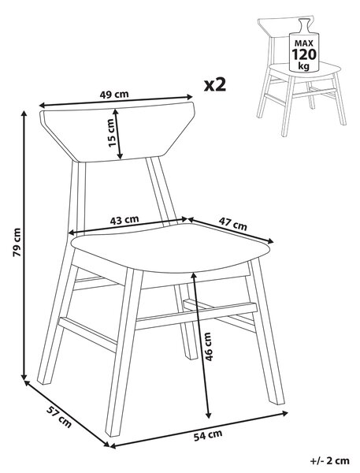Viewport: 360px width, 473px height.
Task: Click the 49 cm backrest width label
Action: click(x=114, y=95)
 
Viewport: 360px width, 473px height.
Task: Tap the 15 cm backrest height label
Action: click(x=112, y=132)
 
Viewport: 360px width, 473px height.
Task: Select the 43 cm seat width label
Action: click(x=124, y=220)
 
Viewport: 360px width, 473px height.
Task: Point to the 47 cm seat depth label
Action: click(x=232, y=224)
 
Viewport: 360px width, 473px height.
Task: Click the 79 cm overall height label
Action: click(x=17, y=242)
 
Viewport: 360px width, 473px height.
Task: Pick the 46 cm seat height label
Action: click(x=208, y=347)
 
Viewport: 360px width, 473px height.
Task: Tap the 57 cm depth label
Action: click(x=59, y=417)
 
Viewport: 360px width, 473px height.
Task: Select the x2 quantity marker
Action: click(x=215, y=85)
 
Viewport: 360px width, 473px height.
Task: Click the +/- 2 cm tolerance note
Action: click(x=330, y=460)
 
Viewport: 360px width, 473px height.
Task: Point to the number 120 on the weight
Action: click(x=304, y=54)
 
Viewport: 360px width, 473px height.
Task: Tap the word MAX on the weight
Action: click(x=304, y=43)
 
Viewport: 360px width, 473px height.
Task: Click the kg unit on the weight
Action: click(x=304, y=65)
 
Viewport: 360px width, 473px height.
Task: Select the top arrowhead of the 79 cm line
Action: click(x=24, y=114)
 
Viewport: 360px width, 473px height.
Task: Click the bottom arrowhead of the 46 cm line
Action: click(x=208, y=415)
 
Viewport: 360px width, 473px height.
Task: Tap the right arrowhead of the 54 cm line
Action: click(x=284, y=413)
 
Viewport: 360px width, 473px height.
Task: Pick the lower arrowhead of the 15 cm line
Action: click(x=120, y=156)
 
